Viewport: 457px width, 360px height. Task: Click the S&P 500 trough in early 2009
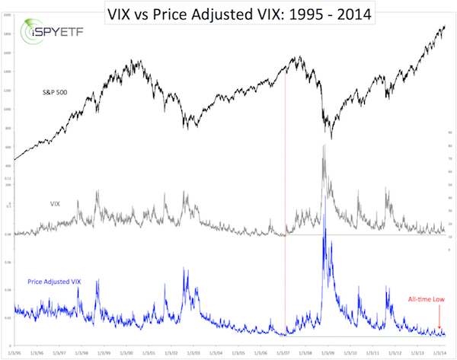click(x=331, y=138)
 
